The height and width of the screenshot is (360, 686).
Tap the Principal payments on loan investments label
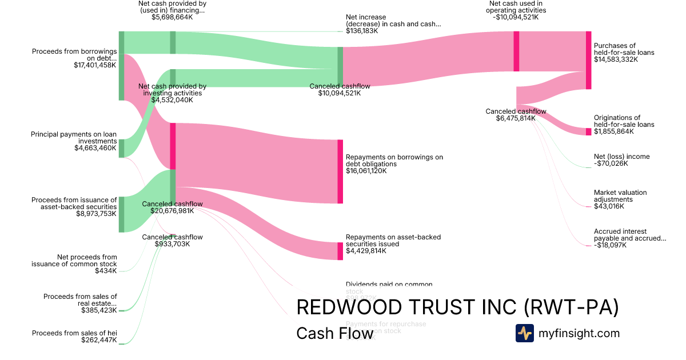(74, 138)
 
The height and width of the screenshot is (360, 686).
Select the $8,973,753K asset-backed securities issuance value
(95, 214)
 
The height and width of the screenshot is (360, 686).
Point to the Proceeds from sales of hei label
(74, 333)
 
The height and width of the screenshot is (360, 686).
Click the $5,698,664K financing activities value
(172, 17)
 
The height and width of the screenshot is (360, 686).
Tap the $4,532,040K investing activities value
(172, 100)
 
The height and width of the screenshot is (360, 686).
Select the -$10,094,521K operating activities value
(516, 17)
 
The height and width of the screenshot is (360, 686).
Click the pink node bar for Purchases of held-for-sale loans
(588, 60)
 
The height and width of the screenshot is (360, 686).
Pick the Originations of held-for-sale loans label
(624, 121)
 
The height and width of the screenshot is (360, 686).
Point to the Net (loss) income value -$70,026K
(611, 163)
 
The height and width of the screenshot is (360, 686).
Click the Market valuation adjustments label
(620, 196)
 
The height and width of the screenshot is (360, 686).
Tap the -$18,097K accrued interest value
(610, 245)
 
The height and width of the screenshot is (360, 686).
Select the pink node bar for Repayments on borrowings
(340, 171)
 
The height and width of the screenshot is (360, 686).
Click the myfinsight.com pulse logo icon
(524, 333)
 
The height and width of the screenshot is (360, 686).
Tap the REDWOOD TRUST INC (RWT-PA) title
(457, 307)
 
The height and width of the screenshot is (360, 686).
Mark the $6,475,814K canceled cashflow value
(516, 118)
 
